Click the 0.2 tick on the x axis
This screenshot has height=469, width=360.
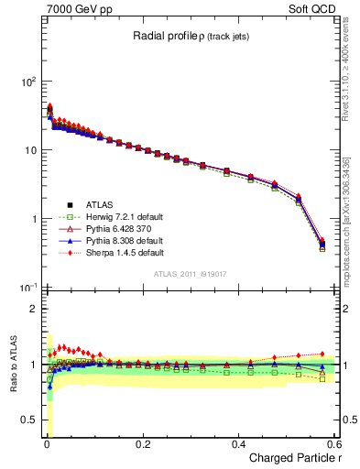click(x=142, y=444)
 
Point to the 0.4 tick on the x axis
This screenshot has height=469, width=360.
click(x=238, y=444)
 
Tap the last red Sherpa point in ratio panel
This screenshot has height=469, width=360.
click(x=322, y=354)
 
